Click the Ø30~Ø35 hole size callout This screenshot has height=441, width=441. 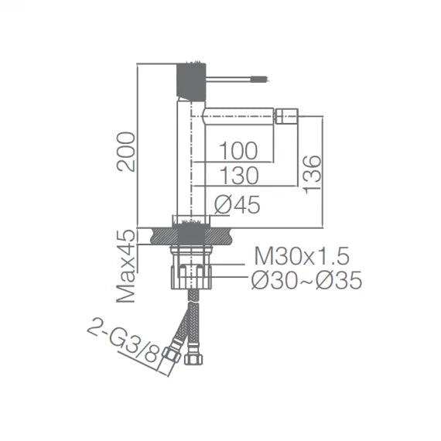tap(306, 281)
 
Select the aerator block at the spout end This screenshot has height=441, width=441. tap(286, 118)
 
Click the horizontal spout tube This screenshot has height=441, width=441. tap(240, 118)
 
